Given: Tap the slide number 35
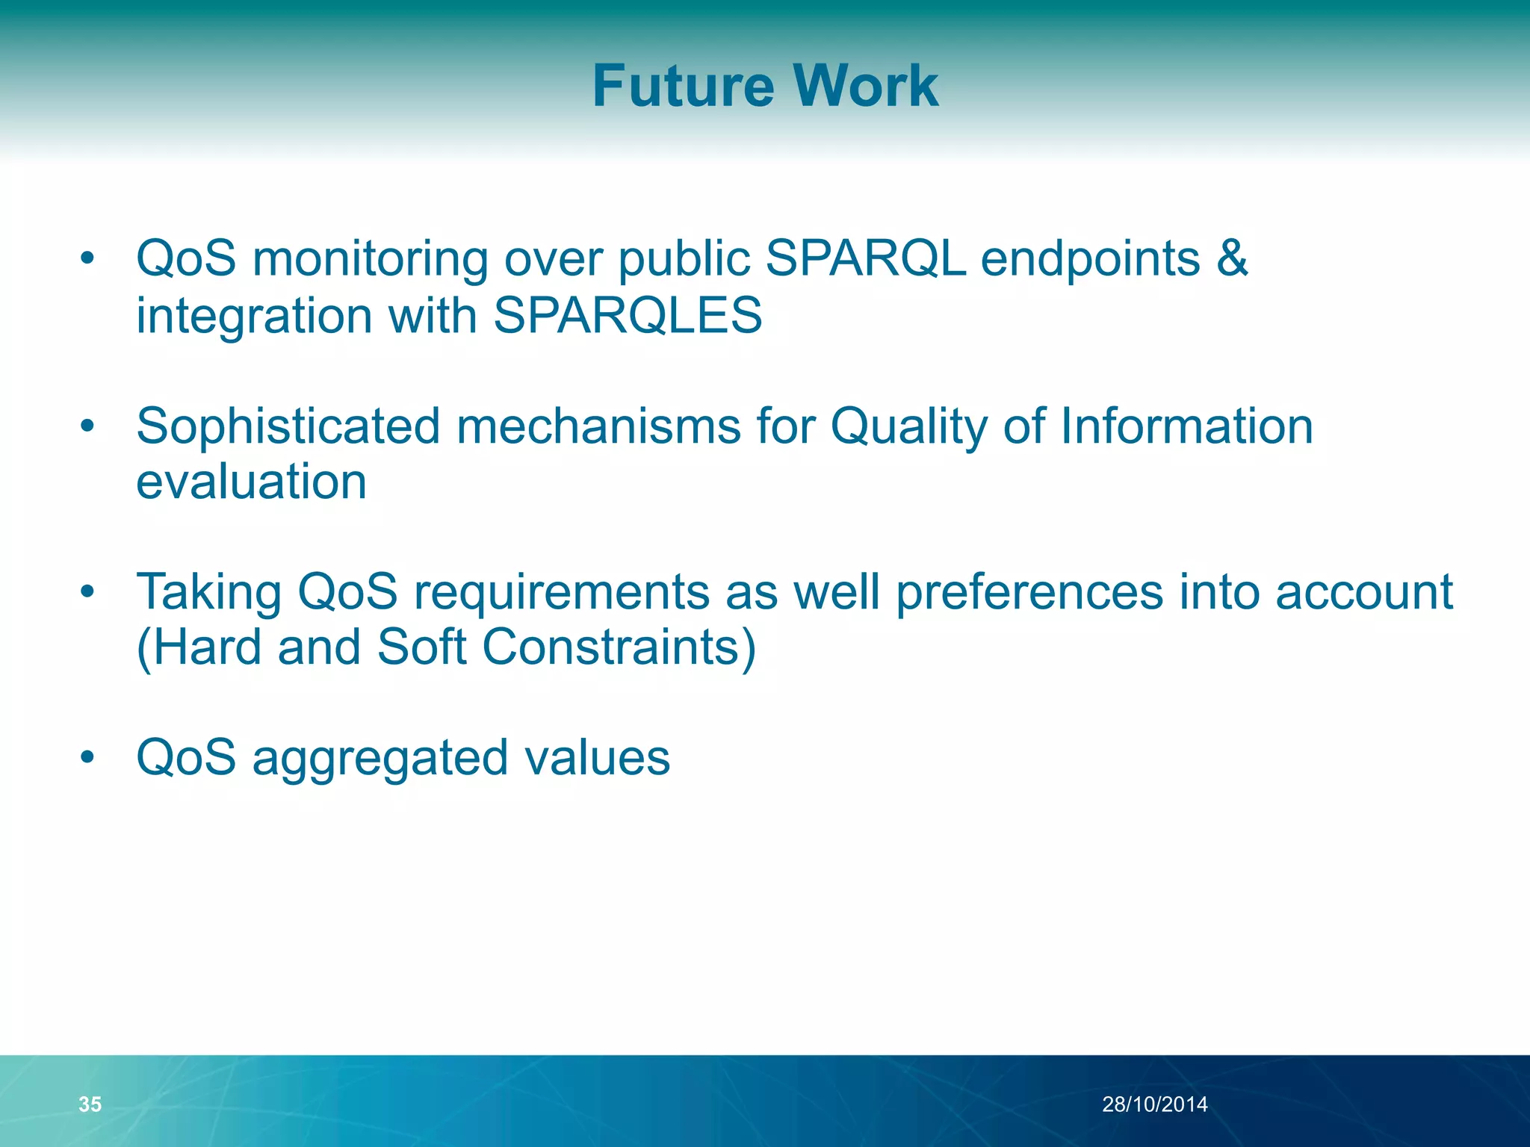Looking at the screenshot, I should pos(90,1104).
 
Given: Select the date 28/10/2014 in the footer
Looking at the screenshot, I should pos(1154,1104).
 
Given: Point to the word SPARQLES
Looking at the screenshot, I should pos(628,315).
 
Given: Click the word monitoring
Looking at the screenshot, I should pos(370,258).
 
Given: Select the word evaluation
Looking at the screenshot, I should pos(252,482).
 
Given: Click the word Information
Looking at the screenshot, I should pos(1186,426).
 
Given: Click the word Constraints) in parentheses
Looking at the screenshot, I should pos(619,647).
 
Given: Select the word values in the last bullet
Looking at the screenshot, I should pos(597,757).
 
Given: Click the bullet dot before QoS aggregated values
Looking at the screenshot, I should pos(88,757).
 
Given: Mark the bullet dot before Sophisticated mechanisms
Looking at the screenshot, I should pos(88,426).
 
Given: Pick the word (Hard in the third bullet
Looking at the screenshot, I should pos(199,647).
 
